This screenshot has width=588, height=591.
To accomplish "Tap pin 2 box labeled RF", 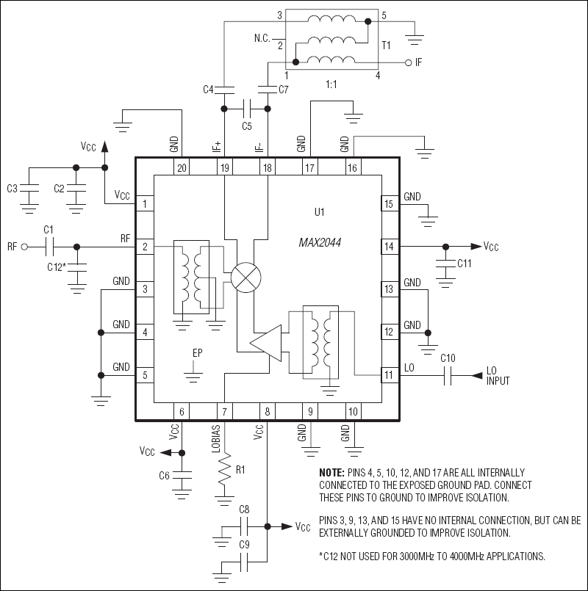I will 145,247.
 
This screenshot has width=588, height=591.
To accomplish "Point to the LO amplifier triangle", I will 265,344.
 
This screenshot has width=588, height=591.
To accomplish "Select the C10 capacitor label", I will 448,358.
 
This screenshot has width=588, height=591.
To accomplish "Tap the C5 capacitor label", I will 247,126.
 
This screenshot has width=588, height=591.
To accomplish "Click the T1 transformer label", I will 386,45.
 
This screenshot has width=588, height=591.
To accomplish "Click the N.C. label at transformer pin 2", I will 264,37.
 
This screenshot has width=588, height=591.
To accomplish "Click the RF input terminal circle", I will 25,247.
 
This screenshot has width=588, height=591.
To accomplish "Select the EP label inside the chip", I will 197,353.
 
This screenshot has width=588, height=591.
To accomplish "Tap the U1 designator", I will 319,212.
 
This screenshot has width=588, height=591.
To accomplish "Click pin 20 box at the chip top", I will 181,168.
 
